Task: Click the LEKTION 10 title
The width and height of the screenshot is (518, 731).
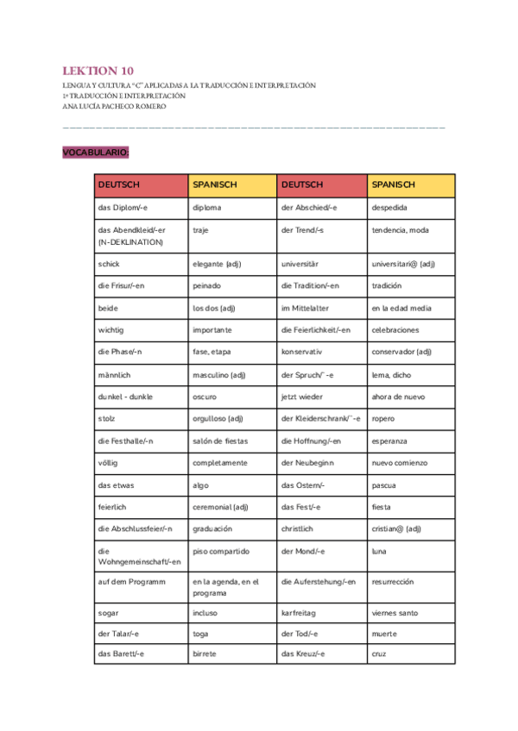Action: pyautogui.click(x=98, y=71)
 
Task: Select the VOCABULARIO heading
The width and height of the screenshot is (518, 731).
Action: pyautogui.click(x=95, y=153)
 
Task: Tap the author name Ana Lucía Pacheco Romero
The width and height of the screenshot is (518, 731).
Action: pyautogui.click(x=114, y=106)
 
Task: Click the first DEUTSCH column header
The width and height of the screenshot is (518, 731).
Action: pyautogui.click(x=118, y=185)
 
